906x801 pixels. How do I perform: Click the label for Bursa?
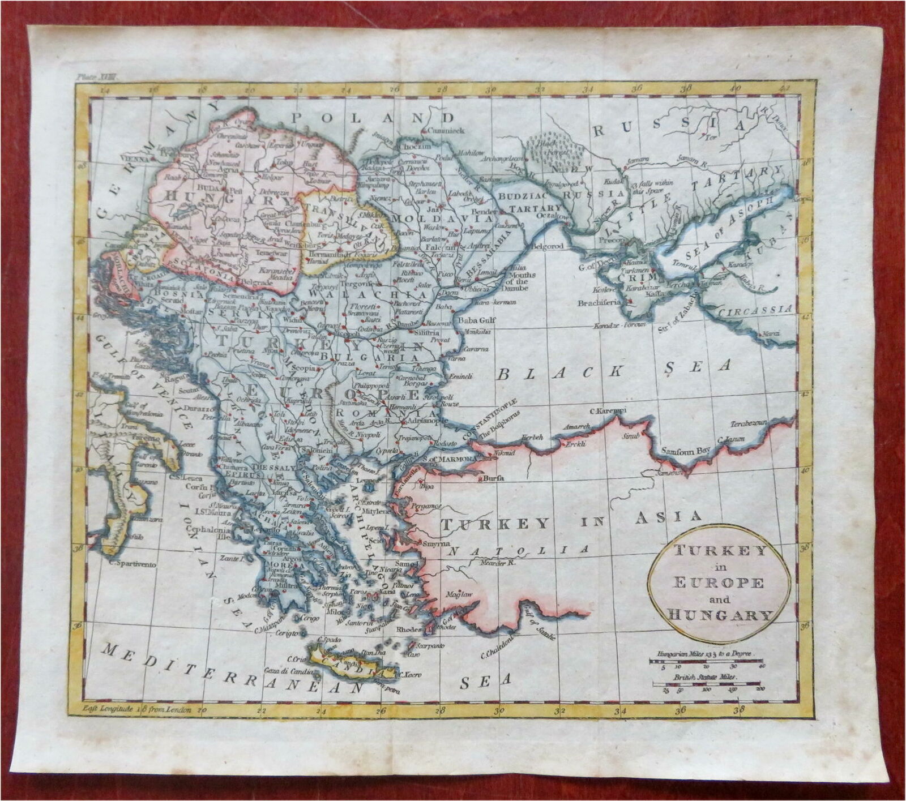tap(493, 479)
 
